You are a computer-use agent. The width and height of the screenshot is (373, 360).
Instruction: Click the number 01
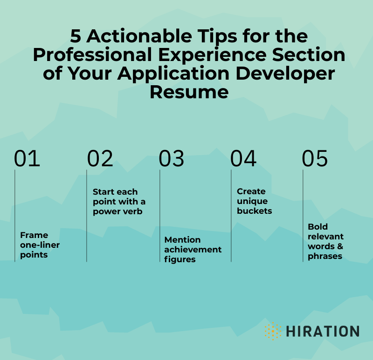27,159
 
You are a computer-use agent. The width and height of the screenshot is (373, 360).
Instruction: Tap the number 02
100,159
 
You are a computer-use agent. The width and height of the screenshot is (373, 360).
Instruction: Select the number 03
172,159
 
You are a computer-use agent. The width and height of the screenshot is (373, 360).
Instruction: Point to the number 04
243,159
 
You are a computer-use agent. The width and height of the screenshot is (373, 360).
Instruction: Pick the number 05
315,159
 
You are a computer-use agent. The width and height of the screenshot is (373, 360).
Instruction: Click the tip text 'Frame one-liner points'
40,245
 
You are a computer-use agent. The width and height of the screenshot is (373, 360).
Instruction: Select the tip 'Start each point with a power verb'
119,201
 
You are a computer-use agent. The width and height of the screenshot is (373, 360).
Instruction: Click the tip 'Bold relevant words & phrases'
325,241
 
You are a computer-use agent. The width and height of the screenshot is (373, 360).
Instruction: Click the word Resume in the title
189,91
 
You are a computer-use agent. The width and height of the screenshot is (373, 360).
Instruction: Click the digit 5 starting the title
76,35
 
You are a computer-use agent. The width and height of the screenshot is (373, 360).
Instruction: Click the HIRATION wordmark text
323,332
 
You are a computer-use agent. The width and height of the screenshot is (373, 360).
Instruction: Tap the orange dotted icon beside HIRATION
273,331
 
